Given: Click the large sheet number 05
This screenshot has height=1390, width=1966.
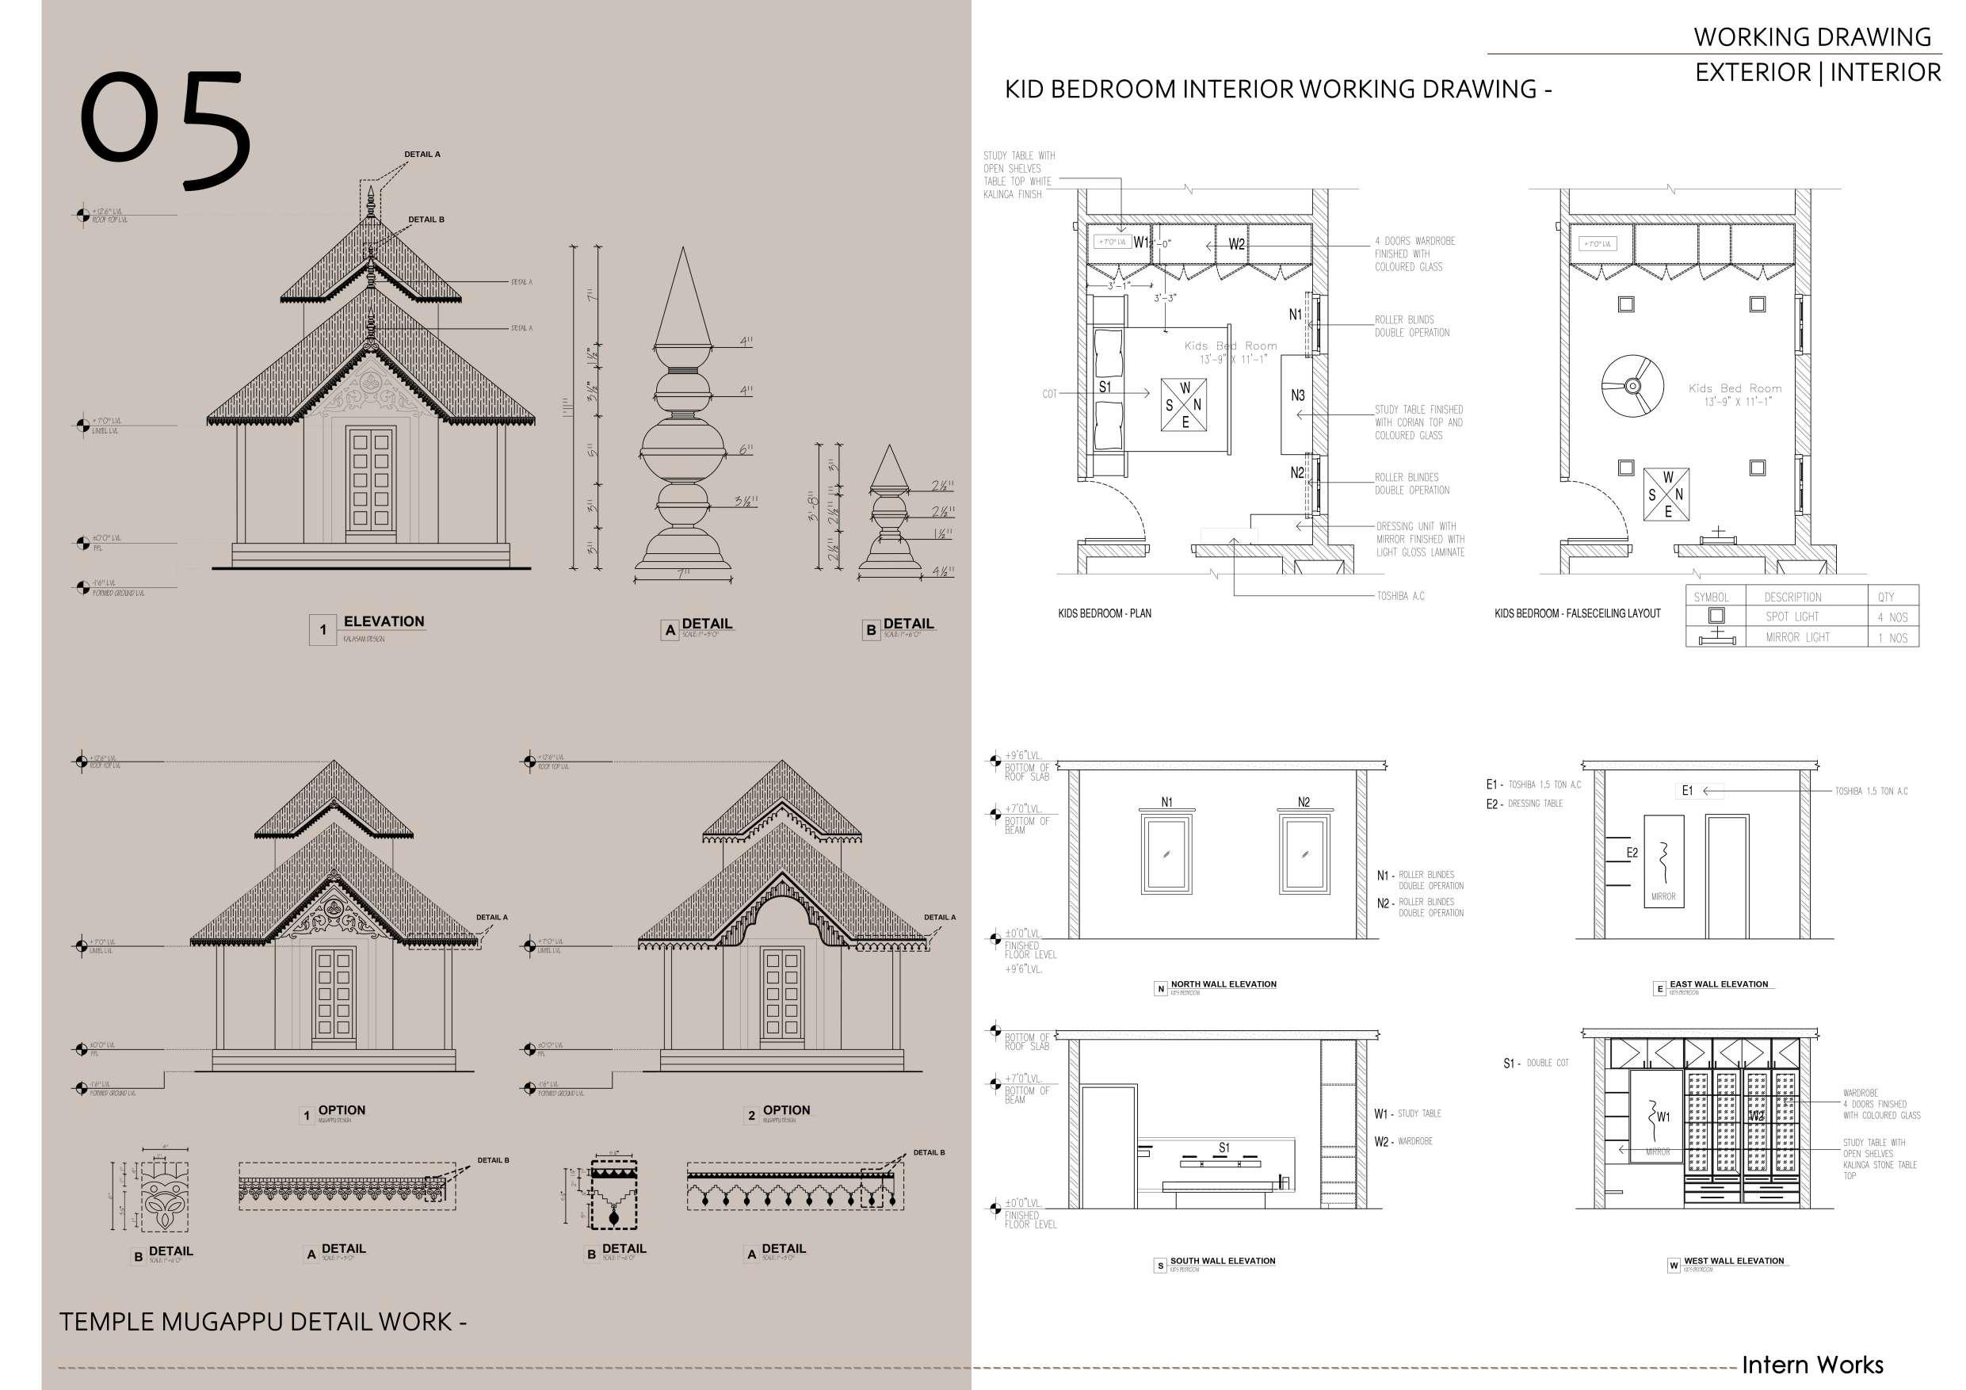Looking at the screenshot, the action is pos(166,130).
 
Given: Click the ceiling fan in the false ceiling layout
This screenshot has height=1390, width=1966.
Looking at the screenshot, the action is pos(1632,386).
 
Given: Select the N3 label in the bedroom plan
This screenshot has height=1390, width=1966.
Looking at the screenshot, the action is pos(1297,395).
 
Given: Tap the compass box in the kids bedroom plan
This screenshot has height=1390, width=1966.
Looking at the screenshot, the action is pos(1184,404).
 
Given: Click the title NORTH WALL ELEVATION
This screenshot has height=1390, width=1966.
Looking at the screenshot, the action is pos(1223,984).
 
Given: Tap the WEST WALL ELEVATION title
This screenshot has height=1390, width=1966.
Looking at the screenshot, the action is pos(1733,1261).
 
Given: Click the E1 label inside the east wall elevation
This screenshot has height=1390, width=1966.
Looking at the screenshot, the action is pos(1687,790).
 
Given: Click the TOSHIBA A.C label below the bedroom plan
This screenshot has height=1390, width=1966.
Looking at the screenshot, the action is pos(1400,596).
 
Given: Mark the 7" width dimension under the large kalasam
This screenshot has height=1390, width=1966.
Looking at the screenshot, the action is pos(682,575).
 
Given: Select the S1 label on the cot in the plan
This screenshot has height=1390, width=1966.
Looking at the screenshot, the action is pos(1105,387).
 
